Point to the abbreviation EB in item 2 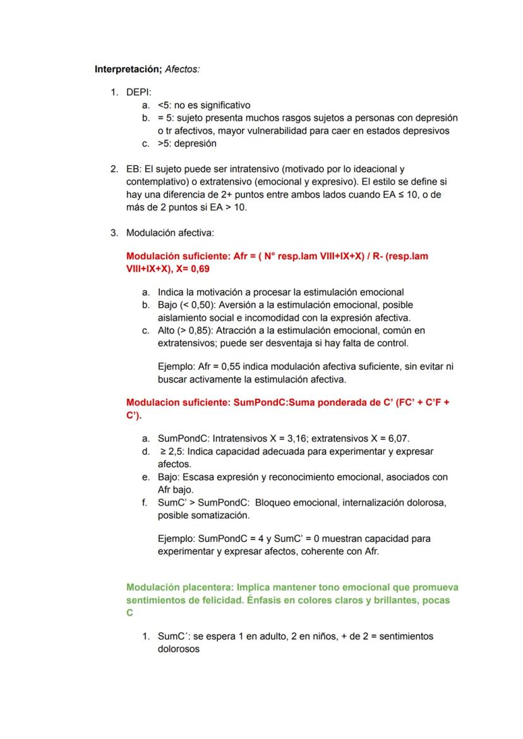(x=133, y=169)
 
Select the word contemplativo (x=155, y=182)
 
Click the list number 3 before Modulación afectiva (x=114, y=233)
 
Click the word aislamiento (x=183, y=317)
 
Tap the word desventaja (x=292, y=343)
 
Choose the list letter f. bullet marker (x=145, y=503)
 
